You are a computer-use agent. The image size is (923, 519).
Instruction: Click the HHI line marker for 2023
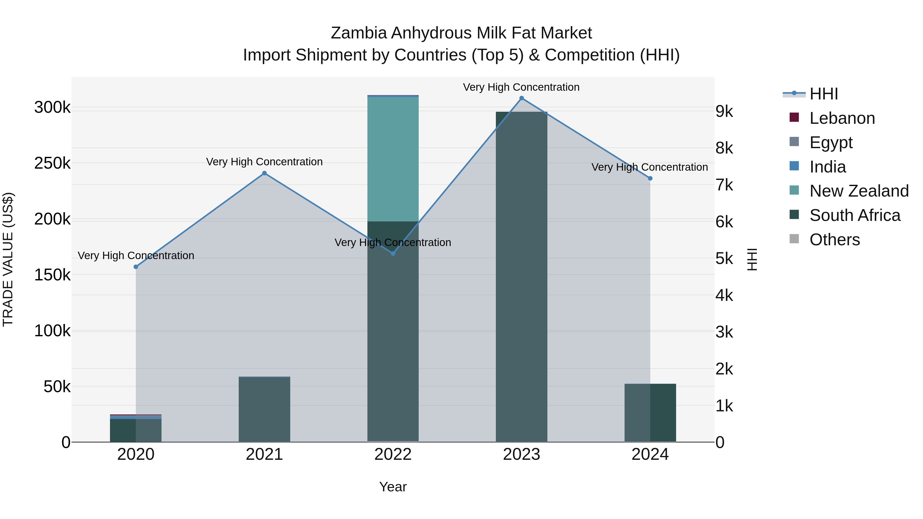click(x=521, y=98)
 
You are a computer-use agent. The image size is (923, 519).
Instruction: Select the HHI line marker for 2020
click(x=136, y=267)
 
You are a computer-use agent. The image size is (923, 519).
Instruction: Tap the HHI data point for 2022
click(x=393, y=253)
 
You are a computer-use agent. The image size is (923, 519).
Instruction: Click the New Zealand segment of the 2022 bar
click(x=393, y=159)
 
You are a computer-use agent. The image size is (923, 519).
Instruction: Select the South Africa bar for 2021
click(x=264, y=409)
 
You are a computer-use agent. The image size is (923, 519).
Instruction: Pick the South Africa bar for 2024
click(x=650, y=413)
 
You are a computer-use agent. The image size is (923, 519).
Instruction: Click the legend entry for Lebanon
click(x=842, y=118)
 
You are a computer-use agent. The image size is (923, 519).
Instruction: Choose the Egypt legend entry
click(x=830, y=143)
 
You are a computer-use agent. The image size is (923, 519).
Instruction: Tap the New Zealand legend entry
click(x=858, y=191)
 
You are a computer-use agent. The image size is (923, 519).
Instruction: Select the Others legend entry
click(x=834, y=240)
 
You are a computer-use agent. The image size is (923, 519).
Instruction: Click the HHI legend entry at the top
click(x=823, y=94)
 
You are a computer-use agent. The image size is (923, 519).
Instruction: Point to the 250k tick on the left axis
click(x=52, y=163)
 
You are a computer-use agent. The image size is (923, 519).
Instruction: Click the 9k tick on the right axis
click(x=724, y=111)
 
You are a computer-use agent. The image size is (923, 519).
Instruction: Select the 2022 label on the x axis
click(x=393, y=454)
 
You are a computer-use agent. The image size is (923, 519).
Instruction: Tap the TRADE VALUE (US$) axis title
click(x=8, y=259)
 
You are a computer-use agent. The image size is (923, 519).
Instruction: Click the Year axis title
click(x=393, y=487)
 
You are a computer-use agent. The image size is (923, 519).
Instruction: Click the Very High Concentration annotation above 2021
click(x=264, y=162)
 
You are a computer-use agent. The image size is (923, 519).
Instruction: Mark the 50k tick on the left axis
click(x=57, y=387)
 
